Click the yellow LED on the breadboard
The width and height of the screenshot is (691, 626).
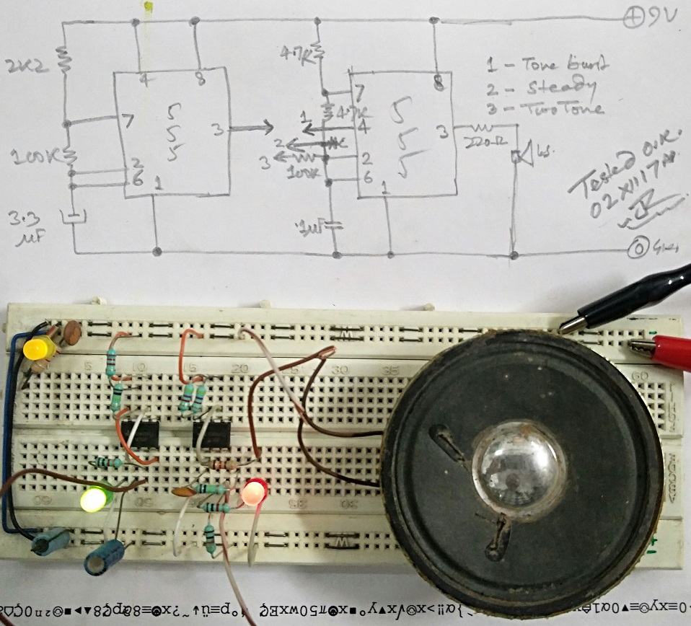[39, 349]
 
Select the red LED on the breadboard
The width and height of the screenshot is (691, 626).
[253, 493]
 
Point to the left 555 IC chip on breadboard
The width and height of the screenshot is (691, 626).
[140, 434]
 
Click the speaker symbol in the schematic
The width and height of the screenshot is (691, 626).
[521, 153]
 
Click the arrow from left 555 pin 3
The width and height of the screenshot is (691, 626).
[250, 130]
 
